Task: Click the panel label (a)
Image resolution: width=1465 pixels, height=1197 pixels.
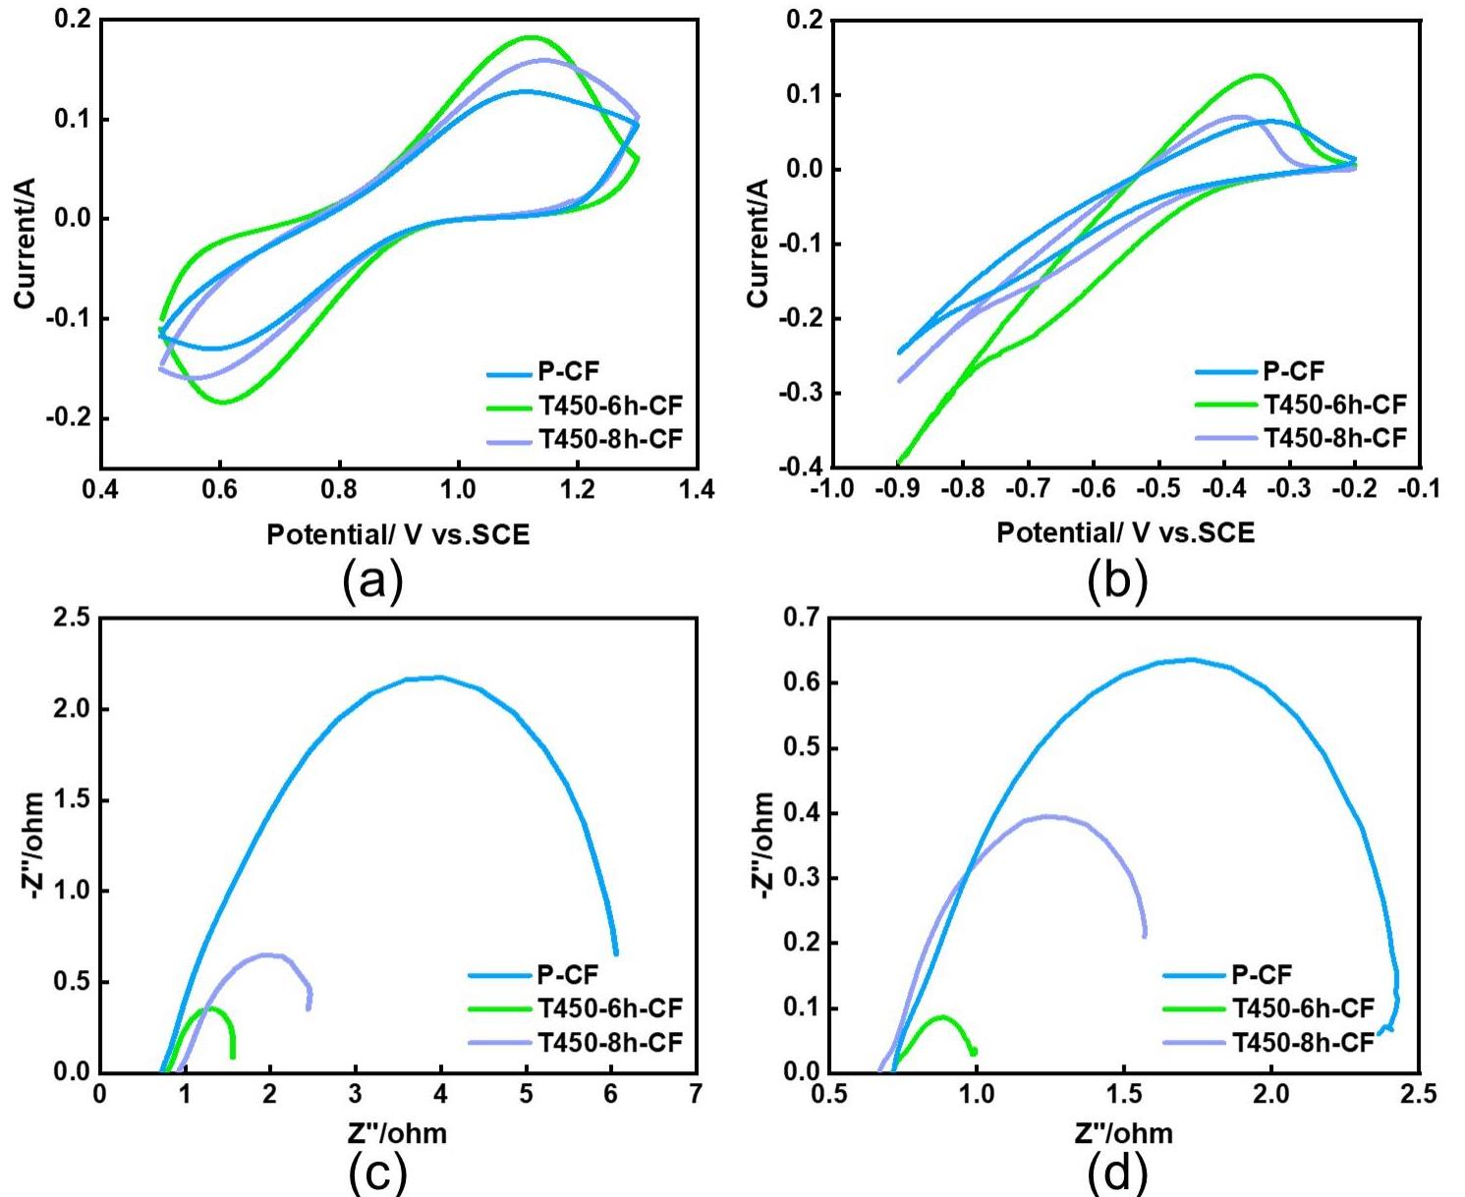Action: coord(372,581)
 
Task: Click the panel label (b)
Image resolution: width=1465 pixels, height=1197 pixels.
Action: coord(1117,581)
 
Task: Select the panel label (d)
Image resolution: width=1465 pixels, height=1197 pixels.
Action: coord(1117,1172)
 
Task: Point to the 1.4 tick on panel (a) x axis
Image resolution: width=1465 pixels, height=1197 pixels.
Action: coord(697,489)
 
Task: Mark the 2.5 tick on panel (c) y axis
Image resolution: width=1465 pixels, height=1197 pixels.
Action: coord(71,618)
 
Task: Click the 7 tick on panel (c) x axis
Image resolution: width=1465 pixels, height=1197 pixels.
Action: coord(696,1093)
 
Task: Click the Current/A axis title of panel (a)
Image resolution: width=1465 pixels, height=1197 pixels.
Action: coord(26,243)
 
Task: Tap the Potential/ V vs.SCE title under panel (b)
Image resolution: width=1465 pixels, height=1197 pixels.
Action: coord(1125,532)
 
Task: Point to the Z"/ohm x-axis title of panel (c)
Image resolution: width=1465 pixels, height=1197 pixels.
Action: coord(397,1133)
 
